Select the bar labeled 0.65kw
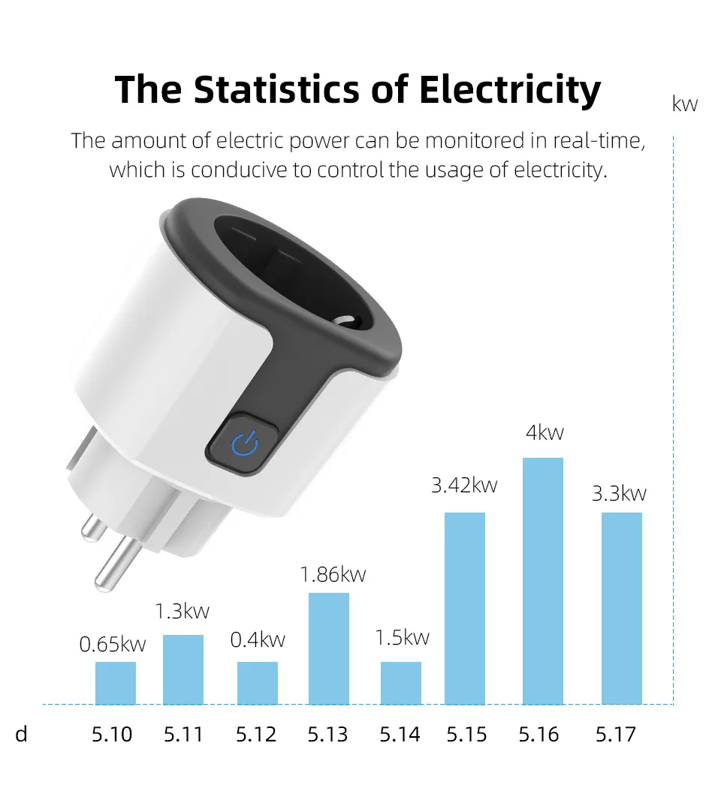116,682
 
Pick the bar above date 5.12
258,682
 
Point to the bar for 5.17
622,608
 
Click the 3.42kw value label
464,486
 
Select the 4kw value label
545,433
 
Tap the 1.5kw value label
402,638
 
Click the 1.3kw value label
182,612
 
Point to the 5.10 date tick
112,734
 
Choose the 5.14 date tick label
400,734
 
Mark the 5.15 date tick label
466,734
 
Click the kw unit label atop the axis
685,104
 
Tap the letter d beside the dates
21,734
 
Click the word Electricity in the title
510,90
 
